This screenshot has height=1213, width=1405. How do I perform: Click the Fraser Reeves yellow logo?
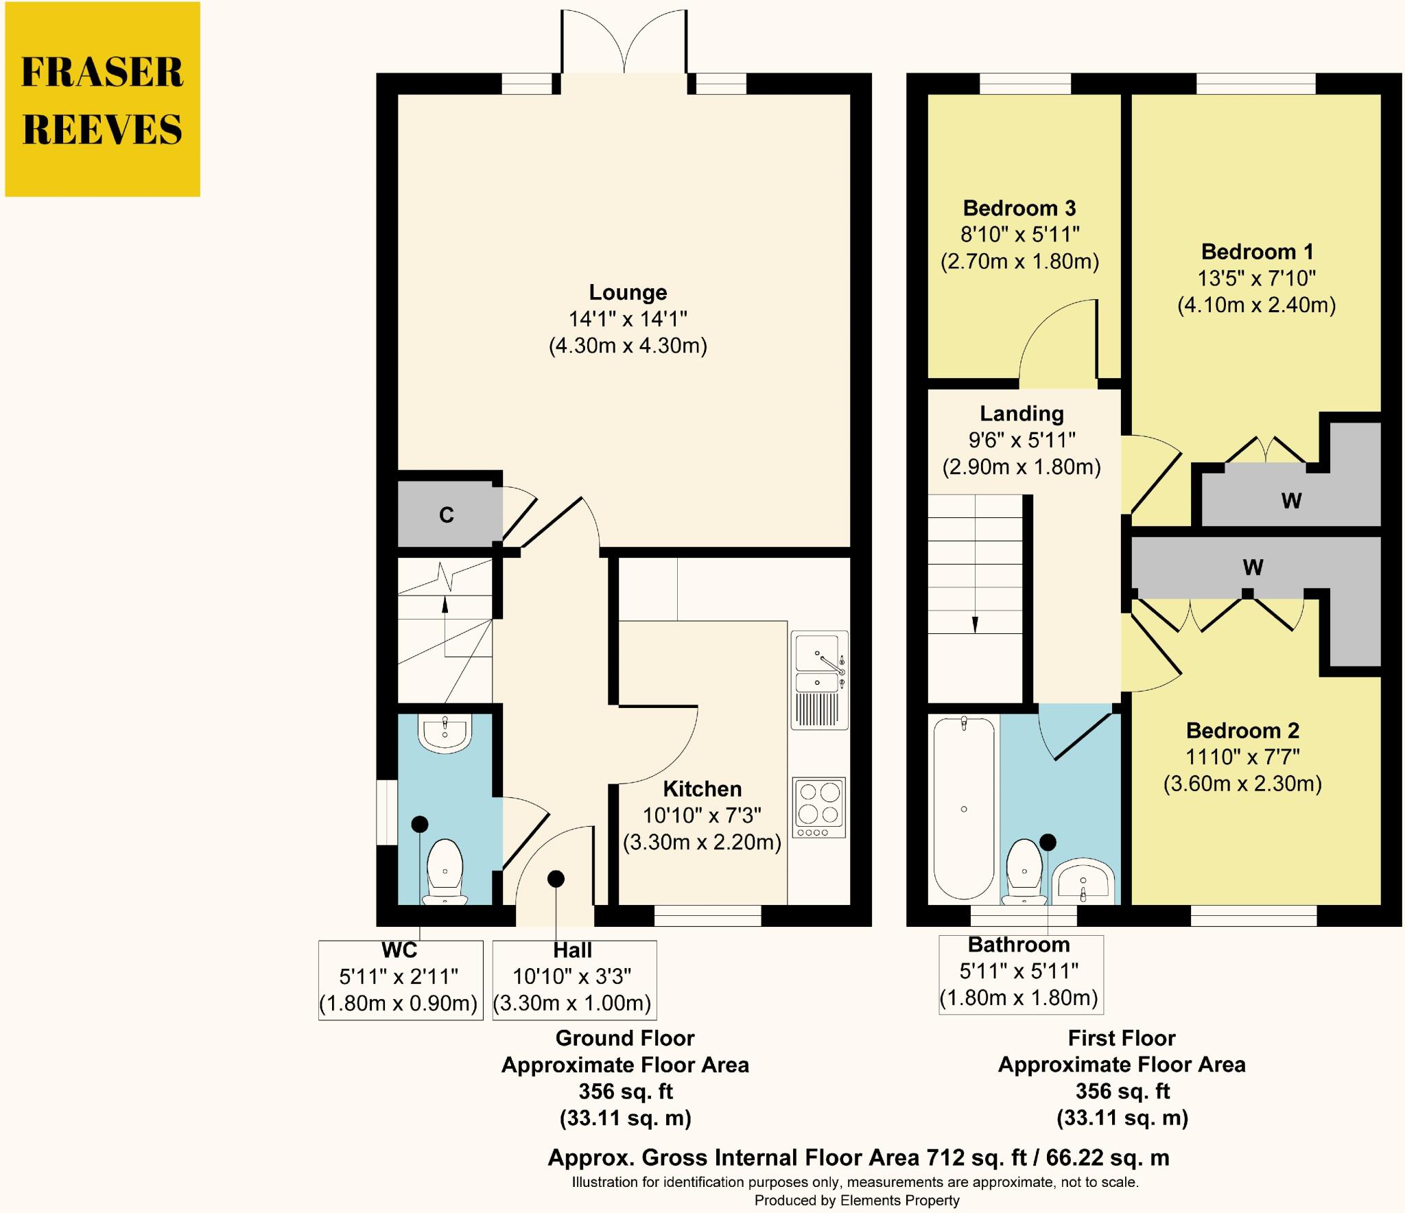pyautogui.click(x=103, y=99)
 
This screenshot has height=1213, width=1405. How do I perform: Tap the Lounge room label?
pyautogui.click(x=628, y=292)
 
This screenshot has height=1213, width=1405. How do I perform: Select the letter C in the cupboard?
pyautogui.click(x=447, y=515)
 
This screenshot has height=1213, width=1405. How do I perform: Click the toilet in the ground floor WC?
pyautogui.click(x=445, y=871)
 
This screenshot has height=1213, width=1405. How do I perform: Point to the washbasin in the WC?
pyautogui.click(x=445, y=734)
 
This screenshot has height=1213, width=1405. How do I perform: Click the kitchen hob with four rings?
pyautogui.click(x=819, y=808)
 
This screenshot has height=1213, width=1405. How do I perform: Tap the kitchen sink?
pyautogui.click(x=820, y=680)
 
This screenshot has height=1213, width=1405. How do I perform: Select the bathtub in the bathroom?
pyautogui.click(x=964, y=810)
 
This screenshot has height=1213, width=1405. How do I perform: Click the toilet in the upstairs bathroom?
pyautogui.click(x=1024, y=871)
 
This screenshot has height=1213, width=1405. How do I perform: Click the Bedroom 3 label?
pyautogui.click(x=1019, y=208)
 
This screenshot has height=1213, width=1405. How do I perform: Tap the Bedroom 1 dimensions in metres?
pyautogui.click(x=1257, y=305)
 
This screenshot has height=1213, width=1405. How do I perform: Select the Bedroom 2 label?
pyautogui.click(x=1243, y=730)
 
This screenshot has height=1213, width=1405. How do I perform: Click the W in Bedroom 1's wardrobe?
pyautogui.click(x=1291, y=501)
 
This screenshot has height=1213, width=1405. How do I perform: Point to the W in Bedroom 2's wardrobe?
pyautogui.click(x=1253, y=567)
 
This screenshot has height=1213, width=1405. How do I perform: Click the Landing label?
pyautogui.click(x=1022, y=413)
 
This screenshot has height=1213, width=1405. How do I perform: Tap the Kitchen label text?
pyautogui.click(x=702, y=788)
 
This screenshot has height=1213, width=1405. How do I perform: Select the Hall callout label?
pyautogui.click(x=573, y=950)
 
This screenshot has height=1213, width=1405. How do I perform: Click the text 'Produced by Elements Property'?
pyautogui.click(x=857, y=1200)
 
